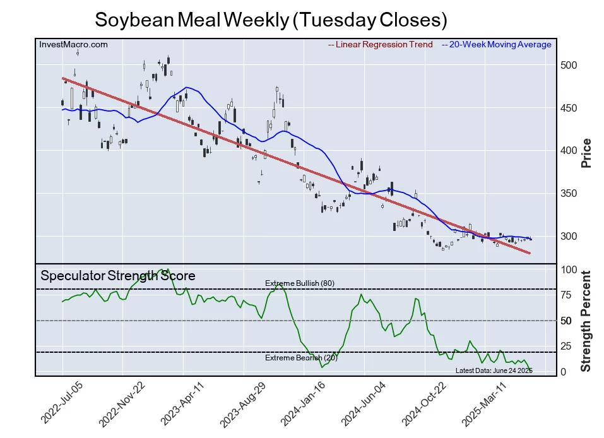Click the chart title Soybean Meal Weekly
coord(271,20)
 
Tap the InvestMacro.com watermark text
coord(73,45)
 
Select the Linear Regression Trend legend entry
coord(381,45)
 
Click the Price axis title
coord(586,152)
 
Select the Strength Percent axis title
coord(586,321)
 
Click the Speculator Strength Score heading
coord(118,276)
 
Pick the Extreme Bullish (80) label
coord(299,283)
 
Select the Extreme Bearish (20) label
coord(301,358)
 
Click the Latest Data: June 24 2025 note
coord(494,370)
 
